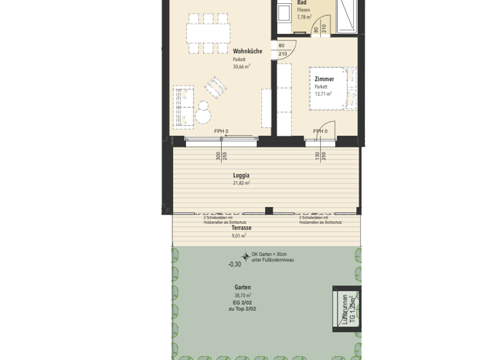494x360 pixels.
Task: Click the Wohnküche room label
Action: point(247,51)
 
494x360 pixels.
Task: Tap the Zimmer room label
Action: point(324,79)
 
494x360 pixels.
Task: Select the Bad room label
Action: point(302,3)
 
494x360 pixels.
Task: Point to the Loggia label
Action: point(241,175)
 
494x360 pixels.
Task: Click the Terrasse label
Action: point(241,228)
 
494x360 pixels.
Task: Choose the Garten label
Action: point(242,287)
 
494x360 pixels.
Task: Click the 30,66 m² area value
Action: point(241,66)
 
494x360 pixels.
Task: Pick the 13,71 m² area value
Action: point(323,94)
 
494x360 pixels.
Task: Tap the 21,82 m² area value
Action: point(241,183)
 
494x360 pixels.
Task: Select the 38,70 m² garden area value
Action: point(242,294)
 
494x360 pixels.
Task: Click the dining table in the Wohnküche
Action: point(208,31)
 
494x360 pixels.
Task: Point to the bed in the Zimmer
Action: point(333,87)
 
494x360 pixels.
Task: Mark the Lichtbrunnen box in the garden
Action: point(345,308)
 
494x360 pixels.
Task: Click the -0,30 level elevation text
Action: point(234,264)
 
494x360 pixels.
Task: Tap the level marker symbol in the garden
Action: point(245,256)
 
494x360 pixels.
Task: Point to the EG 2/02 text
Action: point(242,302)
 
